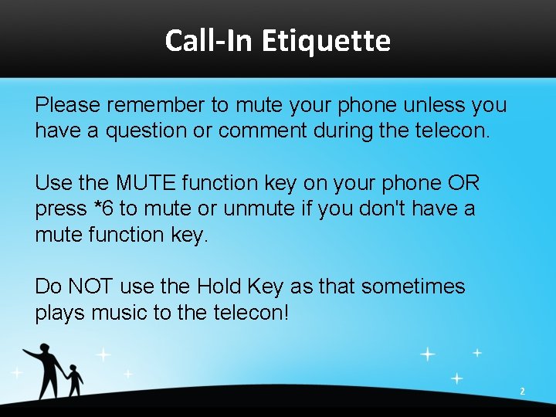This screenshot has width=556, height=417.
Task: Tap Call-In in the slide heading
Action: [209, 40]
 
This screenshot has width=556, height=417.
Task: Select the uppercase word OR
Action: [463, 183]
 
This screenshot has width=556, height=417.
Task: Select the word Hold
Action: [219, 286]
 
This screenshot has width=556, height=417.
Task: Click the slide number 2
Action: [522, 392]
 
